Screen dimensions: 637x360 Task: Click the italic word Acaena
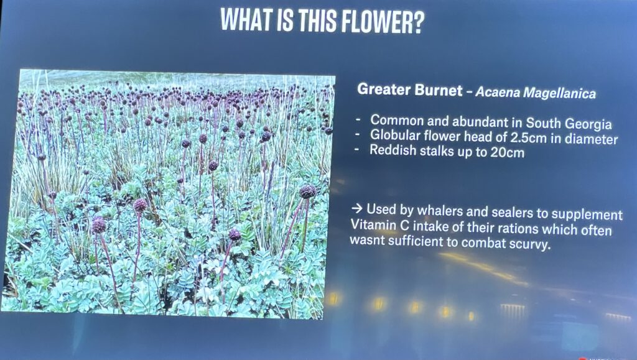[x=498, y=92]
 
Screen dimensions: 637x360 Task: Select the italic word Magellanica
[x=560, y=93]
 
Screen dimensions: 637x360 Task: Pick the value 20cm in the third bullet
[x=507, y=152]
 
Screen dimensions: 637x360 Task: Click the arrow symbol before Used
[x=356, y=209]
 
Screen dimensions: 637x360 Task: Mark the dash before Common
[x=358, y=120]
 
